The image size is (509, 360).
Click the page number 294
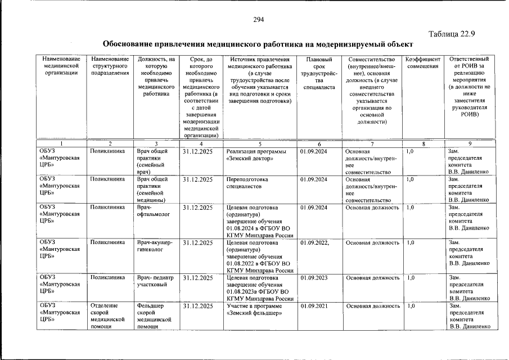click(x=258, y=20)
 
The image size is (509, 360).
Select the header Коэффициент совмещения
click(x=422, y=63)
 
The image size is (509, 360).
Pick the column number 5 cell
click(x=260, y=144)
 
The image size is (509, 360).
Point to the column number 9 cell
click(x=469, y=144)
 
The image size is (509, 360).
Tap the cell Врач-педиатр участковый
click(x=155, y=281)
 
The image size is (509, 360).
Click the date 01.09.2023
click(x=314, y=278)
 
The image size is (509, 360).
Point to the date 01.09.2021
click(x=314, y=306)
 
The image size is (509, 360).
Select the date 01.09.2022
click(x=314, y=243)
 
